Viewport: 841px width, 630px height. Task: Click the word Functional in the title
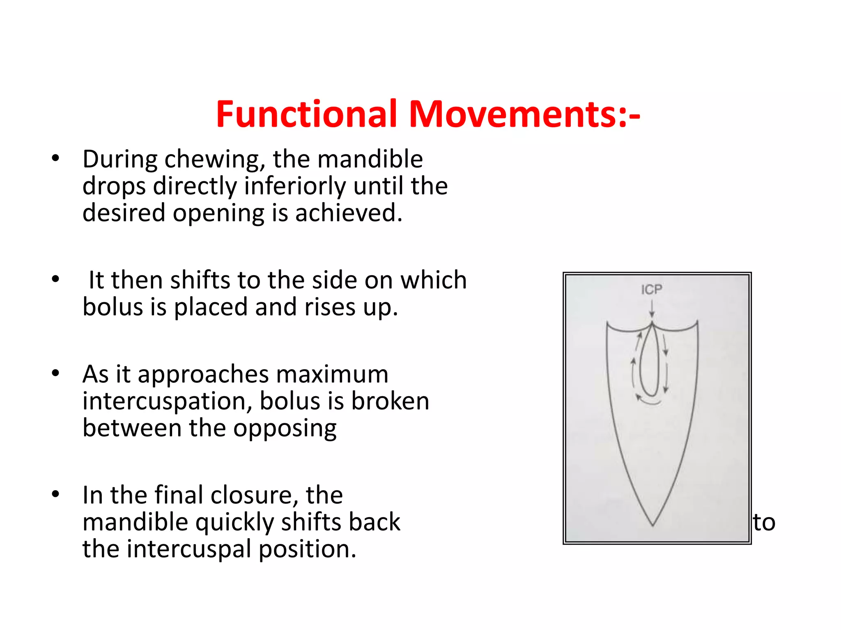pyautogui.click(x=306, y=114)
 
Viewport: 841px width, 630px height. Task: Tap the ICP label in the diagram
pyautogui.click(x=652, y=290)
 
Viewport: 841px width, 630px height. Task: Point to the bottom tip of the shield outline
pyautogui.click(x=653, y=525)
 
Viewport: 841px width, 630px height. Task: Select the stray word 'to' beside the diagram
pyautogui.click(x=764, y=523)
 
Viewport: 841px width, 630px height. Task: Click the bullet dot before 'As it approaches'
pyautogui.click(x=55, y=373)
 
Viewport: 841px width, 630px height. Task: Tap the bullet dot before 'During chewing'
pyautogui.click(x=55, y=158)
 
